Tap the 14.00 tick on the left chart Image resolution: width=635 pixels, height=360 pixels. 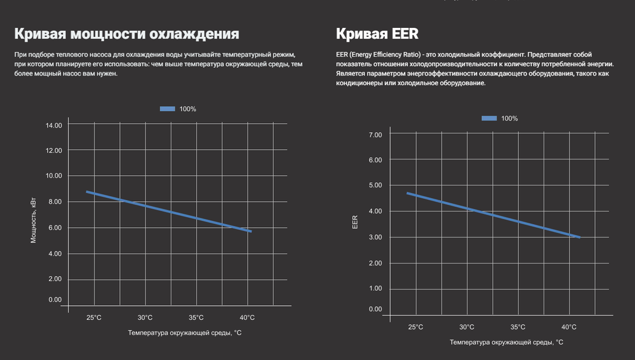tap(54, 126)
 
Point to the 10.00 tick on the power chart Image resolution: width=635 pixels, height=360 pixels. tap(54, 176)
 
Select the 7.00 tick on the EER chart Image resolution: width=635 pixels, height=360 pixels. tap(375, 135)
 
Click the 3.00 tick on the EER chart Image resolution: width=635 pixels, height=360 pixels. tap(375, 237)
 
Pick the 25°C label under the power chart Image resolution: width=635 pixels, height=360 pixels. tap(94, 317)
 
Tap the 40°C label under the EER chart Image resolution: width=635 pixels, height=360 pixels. tap(569, 327)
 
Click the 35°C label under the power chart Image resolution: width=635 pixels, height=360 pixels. tap(196, 317)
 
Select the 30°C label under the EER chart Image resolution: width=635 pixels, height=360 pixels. tap(467, 327)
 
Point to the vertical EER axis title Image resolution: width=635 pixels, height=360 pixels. tap(355, 222)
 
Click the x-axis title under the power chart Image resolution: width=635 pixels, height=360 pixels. tap(185, 333)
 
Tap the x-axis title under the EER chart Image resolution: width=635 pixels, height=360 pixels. tap(506, 342)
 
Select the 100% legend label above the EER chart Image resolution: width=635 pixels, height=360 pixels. tap(509, 119)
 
